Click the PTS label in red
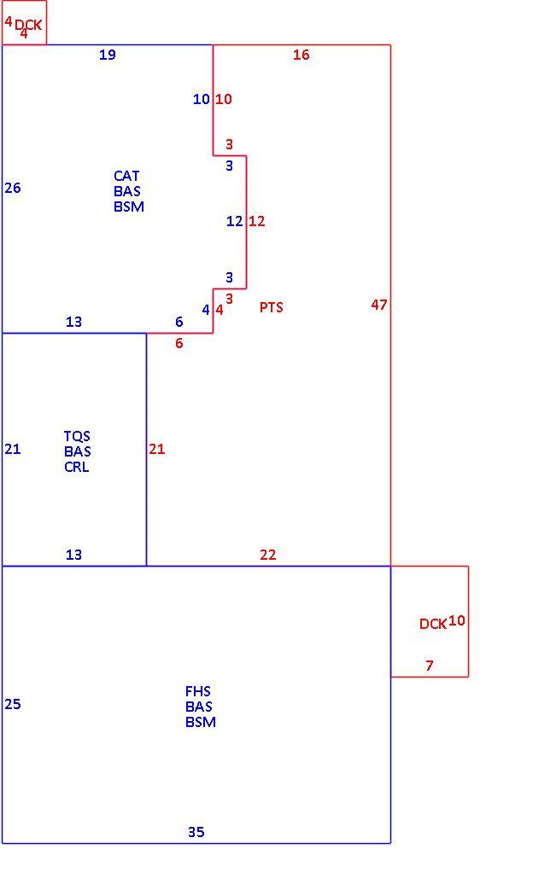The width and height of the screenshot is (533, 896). point(271,307)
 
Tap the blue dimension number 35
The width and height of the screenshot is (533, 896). point(196,832)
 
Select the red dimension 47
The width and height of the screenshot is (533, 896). point(379,305)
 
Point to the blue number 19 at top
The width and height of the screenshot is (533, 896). point(108,55)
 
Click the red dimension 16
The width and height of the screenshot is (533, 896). point(302,55)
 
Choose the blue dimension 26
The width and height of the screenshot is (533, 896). point(13,188)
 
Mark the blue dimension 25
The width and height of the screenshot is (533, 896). point(13,704)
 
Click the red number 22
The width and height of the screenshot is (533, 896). point(267,555)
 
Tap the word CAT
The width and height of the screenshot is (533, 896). point(126,176)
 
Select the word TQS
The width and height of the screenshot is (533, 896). point(77,437)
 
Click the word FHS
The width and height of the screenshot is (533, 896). point(198,691)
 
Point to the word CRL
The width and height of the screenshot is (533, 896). point(77,466)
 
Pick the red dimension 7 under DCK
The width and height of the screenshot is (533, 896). point(430,665)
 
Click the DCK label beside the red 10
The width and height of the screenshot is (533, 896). point(433,624)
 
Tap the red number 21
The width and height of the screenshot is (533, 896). point(156,449)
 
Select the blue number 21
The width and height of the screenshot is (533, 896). point(13,449)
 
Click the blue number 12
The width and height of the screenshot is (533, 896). point(235,221)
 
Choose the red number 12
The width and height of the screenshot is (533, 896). point(257,221)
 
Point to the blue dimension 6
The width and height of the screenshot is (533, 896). point(179,322)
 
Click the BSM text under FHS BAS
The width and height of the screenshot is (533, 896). point(201,722)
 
